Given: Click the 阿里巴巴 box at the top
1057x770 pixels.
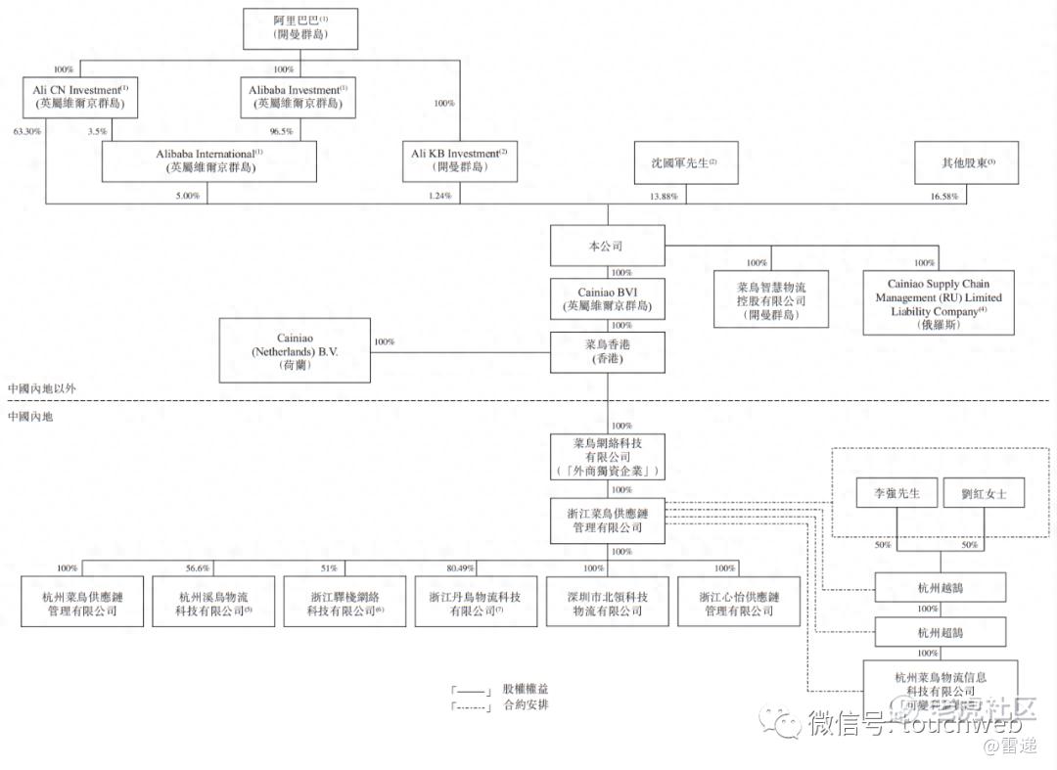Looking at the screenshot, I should pos(300,28).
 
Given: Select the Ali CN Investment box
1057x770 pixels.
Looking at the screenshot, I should pos(81,97).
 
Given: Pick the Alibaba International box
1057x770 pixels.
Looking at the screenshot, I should pos(209,160).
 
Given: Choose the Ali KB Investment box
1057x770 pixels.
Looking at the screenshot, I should pos(459,160).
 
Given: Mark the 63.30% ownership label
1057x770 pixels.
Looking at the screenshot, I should pos(26,130).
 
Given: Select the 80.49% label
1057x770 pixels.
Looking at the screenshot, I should pos(460,568).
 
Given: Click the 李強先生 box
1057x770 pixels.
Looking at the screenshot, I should pos(896,494).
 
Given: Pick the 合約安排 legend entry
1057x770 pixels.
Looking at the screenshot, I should pos(525,705).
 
